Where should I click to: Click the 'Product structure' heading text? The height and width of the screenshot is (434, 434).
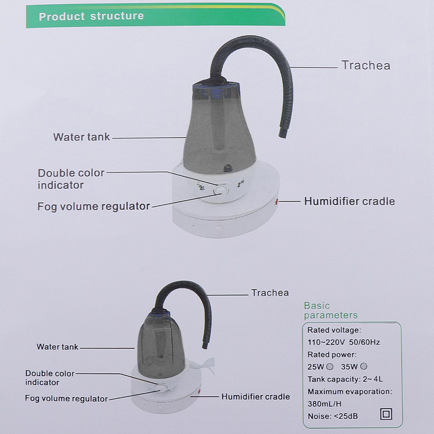tap(91, 16)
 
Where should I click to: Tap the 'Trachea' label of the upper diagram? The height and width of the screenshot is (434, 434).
tap(366, 65)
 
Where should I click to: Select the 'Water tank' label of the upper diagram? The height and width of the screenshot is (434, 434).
tap(81, 137)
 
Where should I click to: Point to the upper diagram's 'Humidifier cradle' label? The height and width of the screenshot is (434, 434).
tap(349, 201)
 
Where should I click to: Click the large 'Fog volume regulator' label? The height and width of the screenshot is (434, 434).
tap(93, 206)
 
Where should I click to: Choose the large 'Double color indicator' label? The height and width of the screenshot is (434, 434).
tap(71, 179)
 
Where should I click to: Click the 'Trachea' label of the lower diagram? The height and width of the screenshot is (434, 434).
tap(270, 293)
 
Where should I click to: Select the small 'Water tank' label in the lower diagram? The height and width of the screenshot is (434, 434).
tap(57, 347)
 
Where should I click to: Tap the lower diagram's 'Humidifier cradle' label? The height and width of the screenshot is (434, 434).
tap(256, 397)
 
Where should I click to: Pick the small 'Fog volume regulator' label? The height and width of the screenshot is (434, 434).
tap(66, 398)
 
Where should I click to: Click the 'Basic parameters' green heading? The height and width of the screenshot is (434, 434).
tap(330, 310)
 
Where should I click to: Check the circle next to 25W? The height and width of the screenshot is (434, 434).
tap(330, 367)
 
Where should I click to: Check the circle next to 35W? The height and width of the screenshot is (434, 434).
tap(364, 366)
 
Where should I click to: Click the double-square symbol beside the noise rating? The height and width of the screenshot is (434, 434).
tap(386, 414)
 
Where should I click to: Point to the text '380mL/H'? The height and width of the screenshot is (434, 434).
tap(324, 404)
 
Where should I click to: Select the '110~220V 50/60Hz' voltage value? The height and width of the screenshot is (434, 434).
tap(344, 342)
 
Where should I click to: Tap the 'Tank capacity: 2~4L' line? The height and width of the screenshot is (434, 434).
tap(345, 379)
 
